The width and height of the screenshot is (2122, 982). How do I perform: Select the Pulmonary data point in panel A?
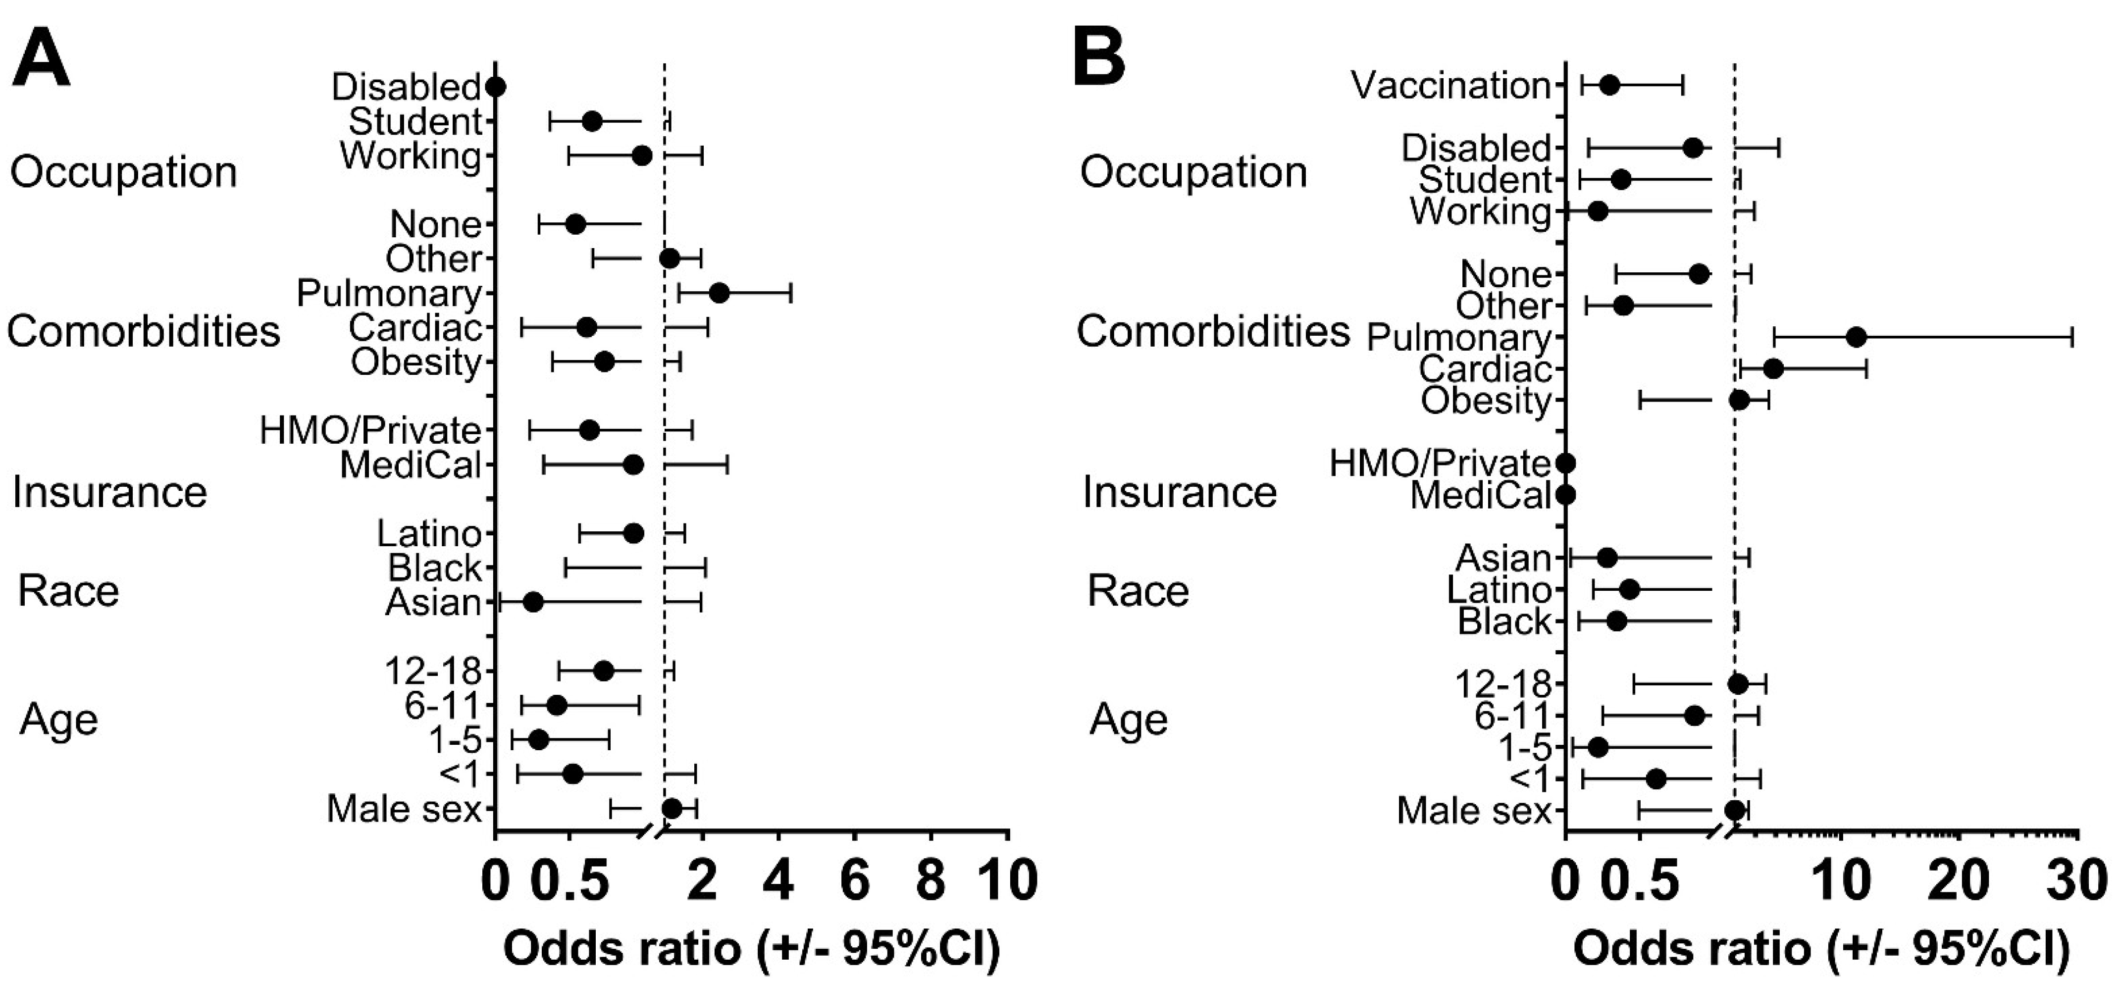pyautogui.click(x=719, y=293)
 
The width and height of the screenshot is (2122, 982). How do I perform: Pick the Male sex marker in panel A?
pyautogui.click(x=672, y=808)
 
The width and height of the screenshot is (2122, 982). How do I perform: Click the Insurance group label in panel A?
pyautogui.click(x=109, y=493)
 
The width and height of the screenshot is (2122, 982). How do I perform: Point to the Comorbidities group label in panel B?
pyautogui.click(x=1213, y=331)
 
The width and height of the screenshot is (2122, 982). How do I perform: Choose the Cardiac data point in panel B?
pyautogui.click(x=1773, y=368)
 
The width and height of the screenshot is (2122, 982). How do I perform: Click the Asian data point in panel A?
pyautogui.click(x=533, y=602)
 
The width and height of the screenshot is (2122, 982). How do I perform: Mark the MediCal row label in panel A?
pyautogui.click(x=410, y=465)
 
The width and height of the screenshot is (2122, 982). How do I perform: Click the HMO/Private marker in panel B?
pyautogui.click(x=1566, y=464)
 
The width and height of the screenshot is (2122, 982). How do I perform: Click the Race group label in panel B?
pyautogui.click(x=1138, y=591)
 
